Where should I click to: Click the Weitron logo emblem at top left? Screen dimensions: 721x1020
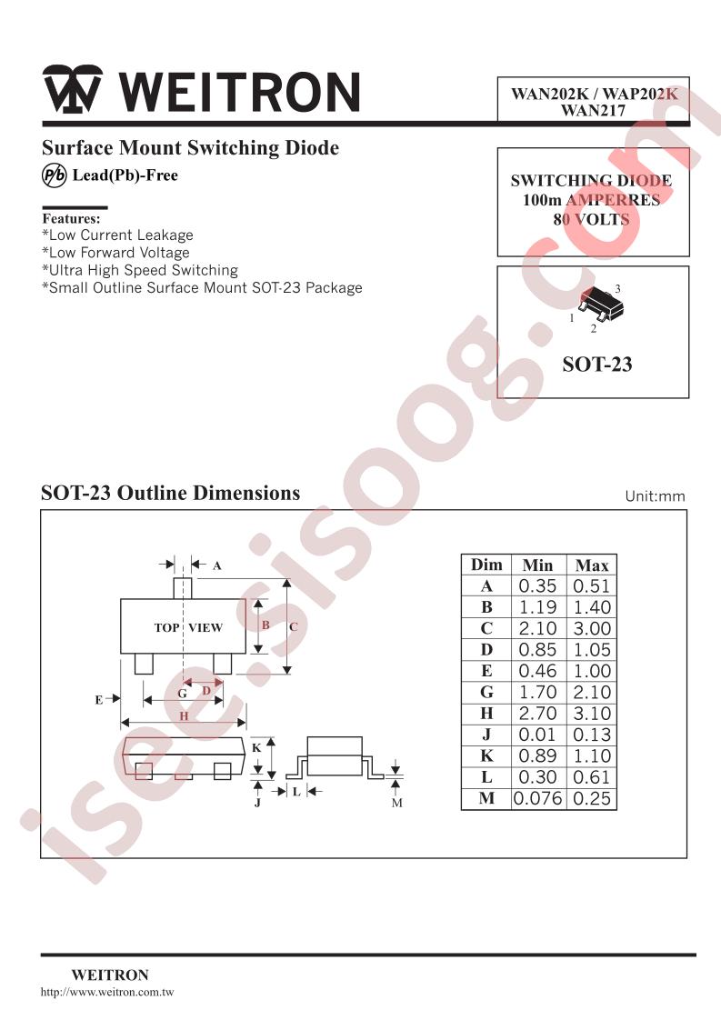(72, 89)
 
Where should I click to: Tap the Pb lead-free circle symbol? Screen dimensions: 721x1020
(54, 175)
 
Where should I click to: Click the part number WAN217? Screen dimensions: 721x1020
(593, 111)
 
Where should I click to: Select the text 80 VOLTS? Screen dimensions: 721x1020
(591, 219)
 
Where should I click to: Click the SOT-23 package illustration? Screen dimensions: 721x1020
(601, 303)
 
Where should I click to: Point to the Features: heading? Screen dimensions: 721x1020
(71, 218)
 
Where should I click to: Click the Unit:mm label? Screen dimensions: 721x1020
(655, 496)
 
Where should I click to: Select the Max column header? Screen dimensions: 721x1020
(592, 565)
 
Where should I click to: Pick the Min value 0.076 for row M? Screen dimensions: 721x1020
(536, 798)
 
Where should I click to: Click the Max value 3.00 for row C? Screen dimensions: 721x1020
(592, 628)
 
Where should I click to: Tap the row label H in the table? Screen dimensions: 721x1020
(486, 714)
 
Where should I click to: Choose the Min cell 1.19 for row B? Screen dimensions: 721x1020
(537, 607)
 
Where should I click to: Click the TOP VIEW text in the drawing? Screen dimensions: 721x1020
(188, 628)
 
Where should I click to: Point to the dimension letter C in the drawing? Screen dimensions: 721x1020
(294, 627)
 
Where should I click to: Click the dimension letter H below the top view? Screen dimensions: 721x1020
(185, 715)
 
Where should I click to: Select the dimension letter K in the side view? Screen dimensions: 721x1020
(255, 748)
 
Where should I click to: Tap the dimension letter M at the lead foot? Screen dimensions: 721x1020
(397, 804)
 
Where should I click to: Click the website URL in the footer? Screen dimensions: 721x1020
(107, 992)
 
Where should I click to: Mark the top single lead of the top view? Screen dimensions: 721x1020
(183, 588)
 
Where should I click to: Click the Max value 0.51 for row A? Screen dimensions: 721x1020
(592, 586)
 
